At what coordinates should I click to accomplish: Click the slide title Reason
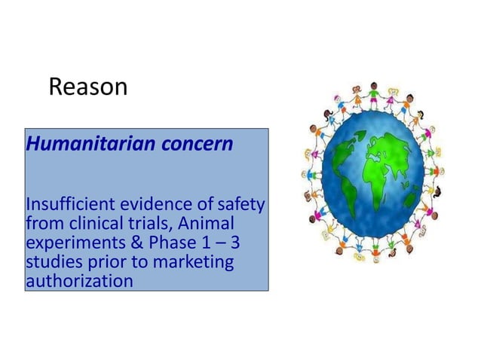tap(87, 87)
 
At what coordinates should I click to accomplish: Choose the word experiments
tap(69, 244)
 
